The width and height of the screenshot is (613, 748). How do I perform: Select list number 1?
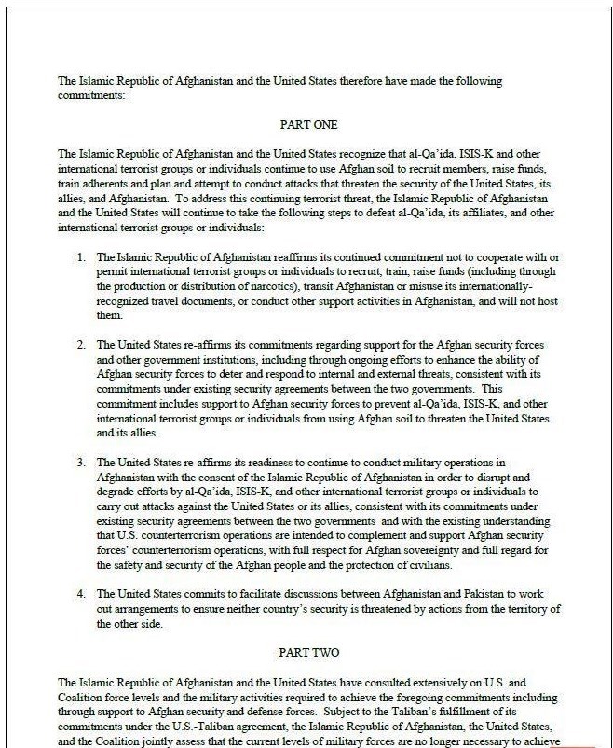tap(82, 256)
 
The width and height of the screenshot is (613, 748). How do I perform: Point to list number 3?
tap(82, 462)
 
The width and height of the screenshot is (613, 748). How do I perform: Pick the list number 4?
tap(82, 593)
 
